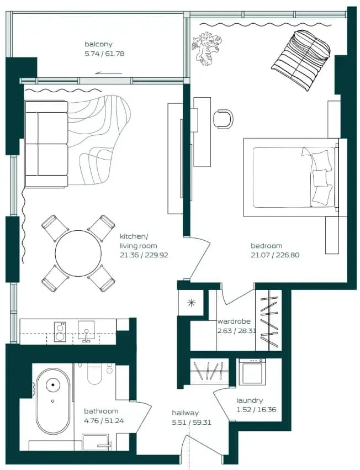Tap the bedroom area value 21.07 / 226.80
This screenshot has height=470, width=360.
[275, 255]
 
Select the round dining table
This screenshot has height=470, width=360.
[78, 253]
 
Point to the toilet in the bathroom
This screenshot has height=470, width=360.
[95, 373]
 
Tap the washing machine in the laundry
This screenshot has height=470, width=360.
[252, 372]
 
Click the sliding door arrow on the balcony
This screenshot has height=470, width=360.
[108, 73]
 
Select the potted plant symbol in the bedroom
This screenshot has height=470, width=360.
[207, 47]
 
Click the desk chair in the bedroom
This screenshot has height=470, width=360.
[223, 119]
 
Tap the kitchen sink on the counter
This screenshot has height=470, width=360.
[86, 331]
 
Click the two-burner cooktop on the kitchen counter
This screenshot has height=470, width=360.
[60, 332]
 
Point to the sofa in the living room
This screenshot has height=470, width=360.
[46, 144]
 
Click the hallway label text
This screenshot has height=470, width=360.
[186, 413]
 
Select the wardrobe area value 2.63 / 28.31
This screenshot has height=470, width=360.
[234, 331]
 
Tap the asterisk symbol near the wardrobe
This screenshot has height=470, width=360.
[191, 303]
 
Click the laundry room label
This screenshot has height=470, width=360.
[250, 400]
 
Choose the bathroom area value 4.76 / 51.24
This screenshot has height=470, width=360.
[104, 421]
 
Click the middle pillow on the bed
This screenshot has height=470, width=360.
[319, 178]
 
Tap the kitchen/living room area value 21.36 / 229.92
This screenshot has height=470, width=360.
[144, 255]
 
